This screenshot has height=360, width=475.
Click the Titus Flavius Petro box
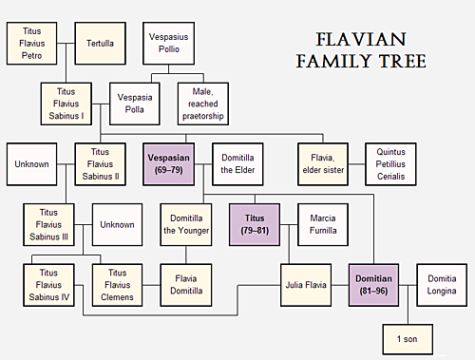pyautogui.click(x=32, y=43)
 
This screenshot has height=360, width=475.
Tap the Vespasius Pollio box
pyautogui.click(x=167, y=43)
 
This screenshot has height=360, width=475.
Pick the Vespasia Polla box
pyautogui.click(x=133, y=104)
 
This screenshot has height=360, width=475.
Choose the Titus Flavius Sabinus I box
pyautogui.click(x=66, y=104)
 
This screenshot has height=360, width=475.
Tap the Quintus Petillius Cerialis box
pyautogui.click(x=389, y=163)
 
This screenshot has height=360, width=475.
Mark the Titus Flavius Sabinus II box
pyautogui.click(x=100, y=163)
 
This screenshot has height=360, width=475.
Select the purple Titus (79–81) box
pyautogui.click(x=255, y=224)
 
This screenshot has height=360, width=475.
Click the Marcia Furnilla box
pyautogui.click(x=322, y=224)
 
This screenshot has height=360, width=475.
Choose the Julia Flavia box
pyautogui.click(x=305, y=284)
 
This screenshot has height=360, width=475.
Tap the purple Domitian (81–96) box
pyautogui.click(x=373, y=284)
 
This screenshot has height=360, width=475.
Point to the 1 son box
pyautogui.click(x=407, y=337)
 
